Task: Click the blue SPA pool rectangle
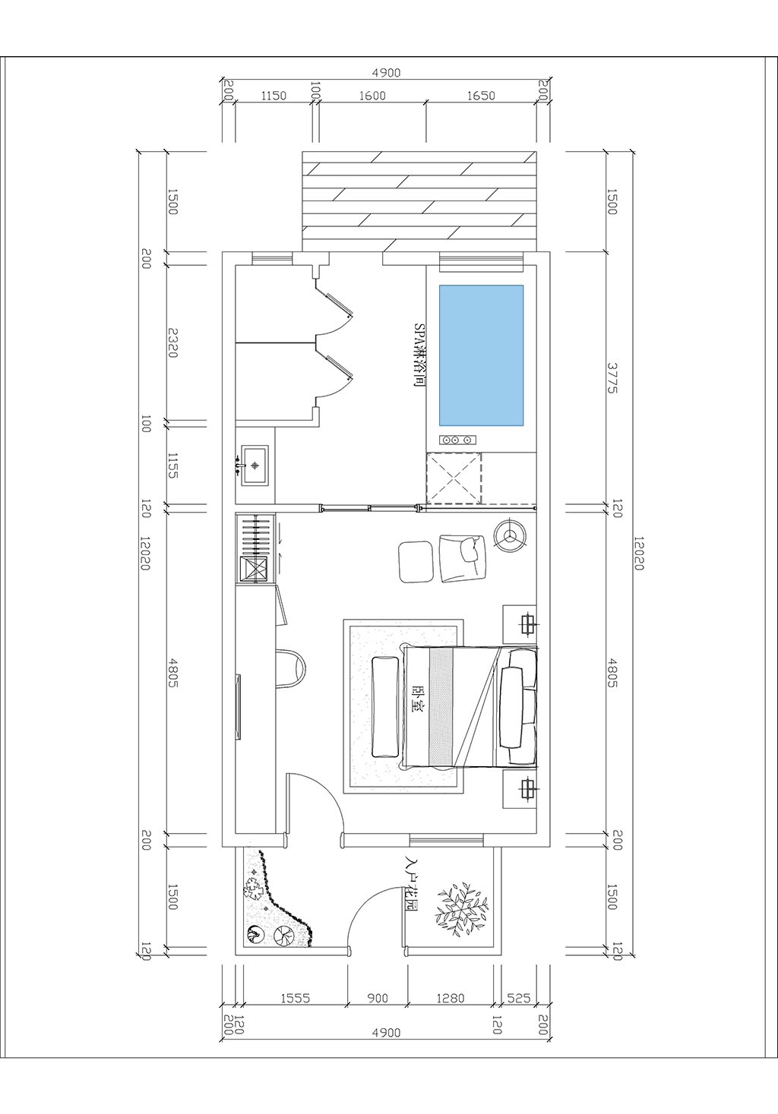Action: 481,355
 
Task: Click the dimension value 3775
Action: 612,377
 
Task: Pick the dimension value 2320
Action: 173,342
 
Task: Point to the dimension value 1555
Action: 295,999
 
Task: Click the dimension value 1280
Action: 450,999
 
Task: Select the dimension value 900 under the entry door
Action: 378,999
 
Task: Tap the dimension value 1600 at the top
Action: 372,96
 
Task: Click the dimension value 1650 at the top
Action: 481,96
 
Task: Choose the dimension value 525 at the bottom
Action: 518,999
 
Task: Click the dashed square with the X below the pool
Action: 454,478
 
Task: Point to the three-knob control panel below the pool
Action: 456,439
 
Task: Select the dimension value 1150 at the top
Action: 274,96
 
